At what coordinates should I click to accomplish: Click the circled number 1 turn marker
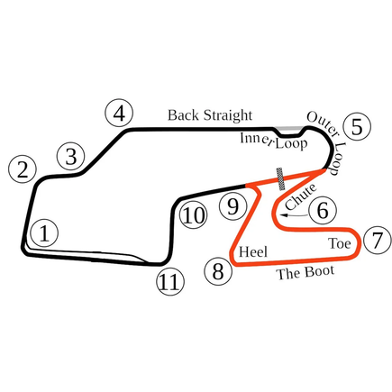pyautogui.click(x=44, y=233)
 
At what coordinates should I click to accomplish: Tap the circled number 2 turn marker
pyautogui.click(x=23, y=169)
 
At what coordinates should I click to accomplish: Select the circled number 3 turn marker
pyautogui.click(x=71, y=157)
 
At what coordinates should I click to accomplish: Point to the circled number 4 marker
pyautogui.click(x=119, y=114)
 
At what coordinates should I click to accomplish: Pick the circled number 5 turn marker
pyautogui.click(x=357, y=127)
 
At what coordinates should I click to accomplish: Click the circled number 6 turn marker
pyautogui.click(x=323, y=210)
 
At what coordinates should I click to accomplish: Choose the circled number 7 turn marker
pyautogui.click(x=378, y=240)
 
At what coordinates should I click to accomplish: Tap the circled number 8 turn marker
pyautogui.click(x=218, y=271)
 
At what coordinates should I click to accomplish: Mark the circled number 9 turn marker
pyautogui.click(x=233, y=206)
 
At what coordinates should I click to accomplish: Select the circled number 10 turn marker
pyautogui.click(x=193, y=215)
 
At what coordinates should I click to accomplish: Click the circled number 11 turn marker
pyautogui.click(x=170, y=281)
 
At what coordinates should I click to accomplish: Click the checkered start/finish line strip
pyautogui.click(x=281, y=179)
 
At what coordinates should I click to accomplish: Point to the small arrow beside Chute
pyautogui.click(x=295, y=215)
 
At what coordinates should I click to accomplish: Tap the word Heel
pyautogui.click(x=253, y=251)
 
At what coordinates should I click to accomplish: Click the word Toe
pyautogui.click(x=340, y=243)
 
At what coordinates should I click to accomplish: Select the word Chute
pyautogui.click(x=301, y=196)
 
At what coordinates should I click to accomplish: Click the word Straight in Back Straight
pyautogui.click(x=227, y=116)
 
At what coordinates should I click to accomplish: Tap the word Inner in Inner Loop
pyautogui.click(x=257, y=140)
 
